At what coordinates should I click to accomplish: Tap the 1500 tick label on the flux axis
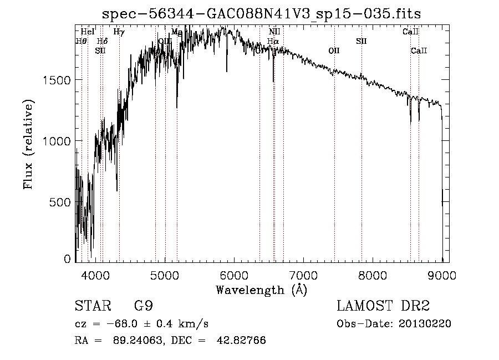click(57, 80)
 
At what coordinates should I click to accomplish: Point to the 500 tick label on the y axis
click(60, 202)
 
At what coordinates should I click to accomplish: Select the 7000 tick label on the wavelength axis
click(303, 275)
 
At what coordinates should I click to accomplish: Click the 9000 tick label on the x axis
click(442, 275)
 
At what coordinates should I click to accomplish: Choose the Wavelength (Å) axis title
click(261, 290)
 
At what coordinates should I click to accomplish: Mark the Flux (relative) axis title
click(28, 144)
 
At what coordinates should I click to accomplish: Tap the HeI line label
click(88, 32)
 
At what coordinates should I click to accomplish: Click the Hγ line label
click(119, 32)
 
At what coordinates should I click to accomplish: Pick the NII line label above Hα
click(274, 32)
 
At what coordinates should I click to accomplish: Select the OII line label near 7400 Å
click(334, 50)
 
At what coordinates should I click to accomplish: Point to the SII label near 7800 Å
click(361, 41)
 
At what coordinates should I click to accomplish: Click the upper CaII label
click(410, 32)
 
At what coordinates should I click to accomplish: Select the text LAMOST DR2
click(383, 306)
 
